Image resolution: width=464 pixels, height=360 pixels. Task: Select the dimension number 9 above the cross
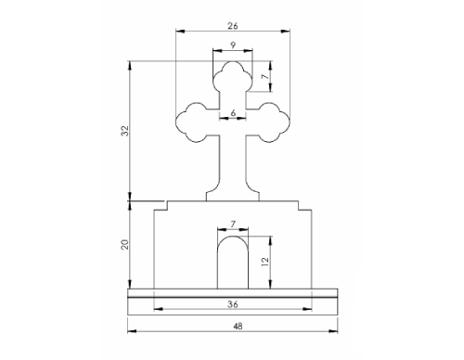pyautogui.click(x=231, y=45)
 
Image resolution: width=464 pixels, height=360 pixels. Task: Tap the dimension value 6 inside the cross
pyautogui.click(x=232, y=111)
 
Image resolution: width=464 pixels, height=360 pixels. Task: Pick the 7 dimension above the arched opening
pyautogui.click(x=233, y=224)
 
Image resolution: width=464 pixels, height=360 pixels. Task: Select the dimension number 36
pyautogui.click(x=232, y=304)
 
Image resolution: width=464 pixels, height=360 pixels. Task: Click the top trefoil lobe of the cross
pyautogui.click(x=232, y=74)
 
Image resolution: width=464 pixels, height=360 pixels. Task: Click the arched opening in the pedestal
pyautogui.click(x=232, y=264)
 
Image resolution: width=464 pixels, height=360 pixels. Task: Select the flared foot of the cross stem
pyautogui.click(x=232, y=191)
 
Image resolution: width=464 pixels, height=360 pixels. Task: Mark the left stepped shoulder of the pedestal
pyautogui.click(x=160, y=204)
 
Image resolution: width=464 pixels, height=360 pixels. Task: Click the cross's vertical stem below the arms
pyautogui.click(x=232, y=162)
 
